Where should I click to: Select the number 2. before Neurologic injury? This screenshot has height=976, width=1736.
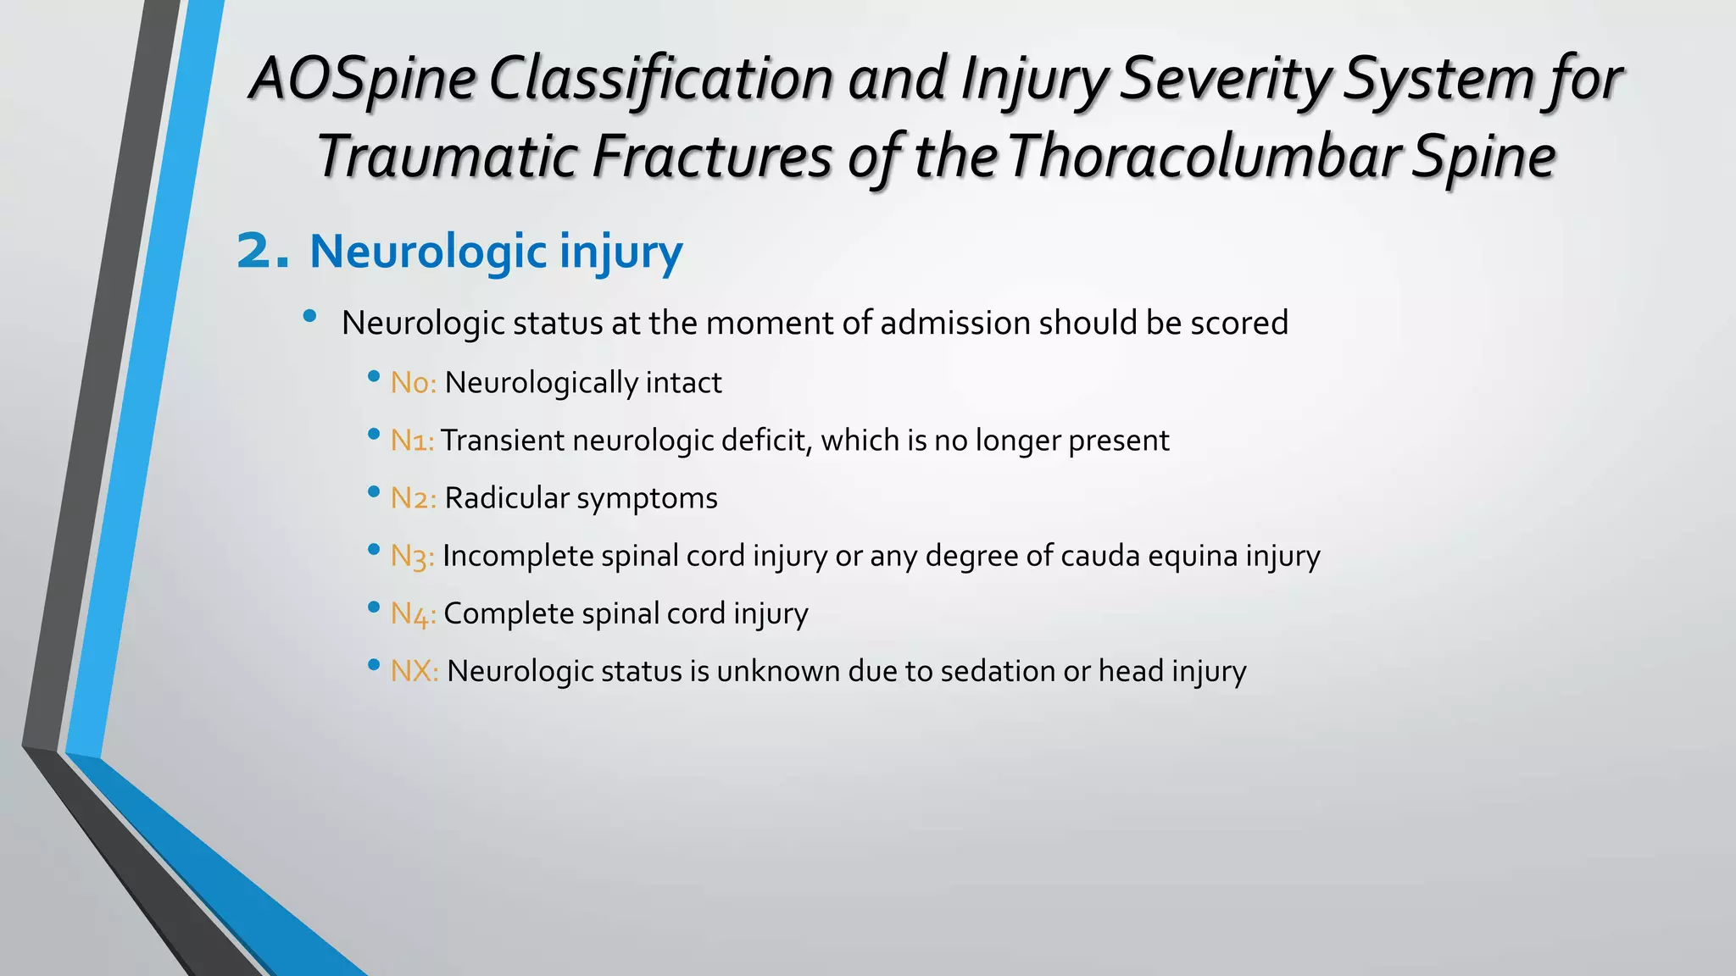coord(263,252)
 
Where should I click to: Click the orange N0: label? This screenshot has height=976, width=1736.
coord(413,383)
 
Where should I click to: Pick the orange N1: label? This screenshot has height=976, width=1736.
coord(412,441)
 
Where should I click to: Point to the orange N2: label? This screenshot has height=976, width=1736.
coord(413,498)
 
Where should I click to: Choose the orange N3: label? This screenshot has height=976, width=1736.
coord(412,557)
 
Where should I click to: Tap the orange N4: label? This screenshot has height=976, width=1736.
coord(413,614)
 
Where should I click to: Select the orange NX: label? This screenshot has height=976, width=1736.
coord(415,671)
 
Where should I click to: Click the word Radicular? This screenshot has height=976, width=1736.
coord(506,498)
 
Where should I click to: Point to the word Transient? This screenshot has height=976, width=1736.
coord(503,441)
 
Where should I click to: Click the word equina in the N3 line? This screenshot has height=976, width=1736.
coord(1192,557)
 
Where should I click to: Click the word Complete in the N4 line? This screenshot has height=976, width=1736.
coord(509,613)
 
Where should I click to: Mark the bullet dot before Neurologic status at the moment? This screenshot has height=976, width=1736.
coord(309,317)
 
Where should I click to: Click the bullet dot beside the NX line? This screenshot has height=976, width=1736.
coord(374,665)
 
